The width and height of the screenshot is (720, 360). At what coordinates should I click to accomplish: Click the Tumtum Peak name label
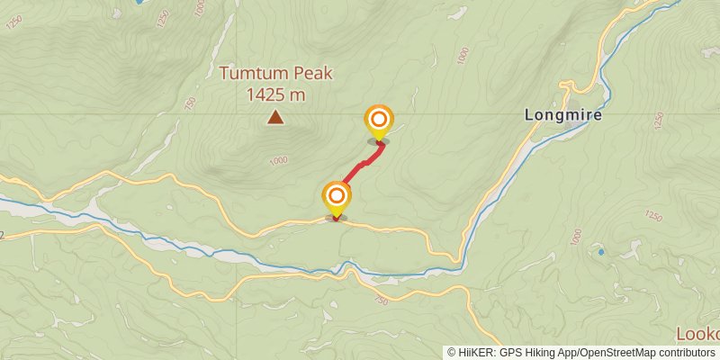[x=275, y=74]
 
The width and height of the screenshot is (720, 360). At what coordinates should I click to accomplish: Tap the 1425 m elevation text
[x=275, y=94]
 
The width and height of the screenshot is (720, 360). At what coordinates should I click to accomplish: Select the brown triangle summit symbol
[x=275, y=117]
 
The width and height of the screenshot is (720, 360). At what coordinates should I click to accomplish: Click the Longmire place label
[x=563, y=116]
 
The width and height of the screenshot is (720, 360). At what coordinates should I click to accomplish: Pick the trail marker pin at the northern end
[x=379, y=121]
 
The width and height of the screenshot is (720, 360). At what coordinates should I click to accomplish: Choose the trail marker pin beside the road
[x=337, y=198]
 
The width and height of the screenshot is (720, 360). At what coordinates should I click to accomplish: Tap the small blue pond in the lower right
[x=601, y=252]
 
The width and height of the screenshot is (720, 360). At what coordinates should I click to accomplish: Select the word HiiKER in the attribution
[x=473, y=353]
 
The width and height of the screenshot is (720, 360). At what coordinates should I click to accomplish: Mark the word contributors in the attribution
[x=687, y=353]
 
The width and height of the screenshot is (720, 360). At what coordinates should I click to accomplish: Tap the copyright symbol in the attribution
[x=451, y=353]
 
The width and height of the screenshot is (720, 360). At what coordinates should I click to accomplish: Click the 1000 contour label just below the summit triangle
[x=277, y=160]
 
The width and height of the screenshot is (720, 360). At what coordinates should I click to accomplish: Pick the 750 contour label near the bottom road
[x=380, y=300]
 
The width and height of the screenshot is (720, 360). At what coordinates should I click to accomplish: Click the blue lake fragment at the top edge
[x=139, y=3]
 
